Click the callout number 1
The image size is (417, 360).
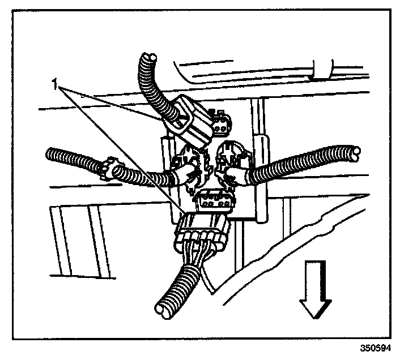pyautogui.click(x=56, y=85)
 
